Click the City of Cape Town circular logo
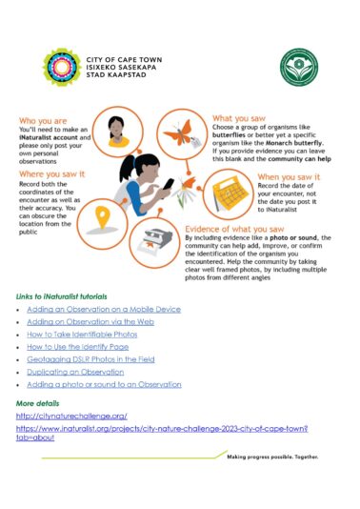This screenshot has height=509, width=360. (x=62, y=69)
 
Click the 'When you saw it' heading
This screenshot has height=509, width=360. (x=289, y=177)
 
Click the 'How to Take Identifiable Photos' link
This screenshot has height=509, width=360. (x=82, y=336)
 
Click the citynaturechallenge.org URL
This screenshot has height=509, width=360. (x=71, y=416)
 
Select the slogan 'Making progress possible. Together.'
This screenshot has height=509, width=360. (x=271, y=457)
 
